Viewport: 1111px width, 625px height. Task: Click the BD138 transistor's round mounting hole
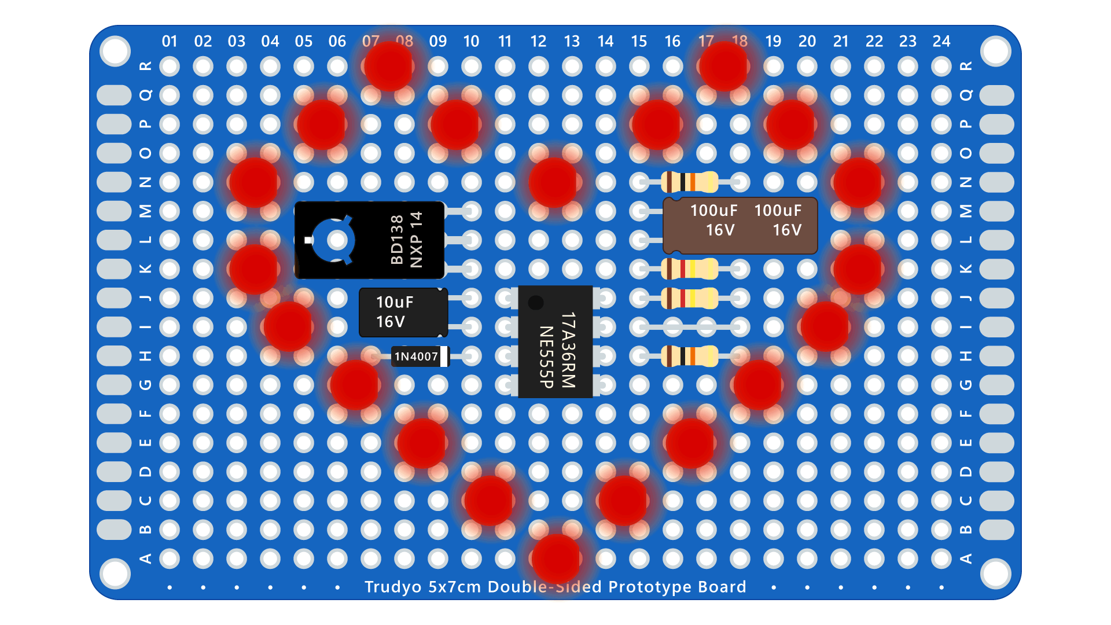337,240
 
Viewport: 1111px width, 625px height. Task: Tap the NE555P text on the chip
546,356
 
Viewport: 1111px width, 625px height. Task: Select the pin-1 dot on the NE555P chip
536,302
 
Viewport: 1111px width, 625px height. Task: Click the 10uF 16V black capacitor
403,312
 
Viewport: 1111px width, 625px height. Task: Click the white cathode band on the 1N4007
444,356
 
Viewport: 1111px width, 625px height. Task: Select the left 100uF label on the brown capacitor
713,211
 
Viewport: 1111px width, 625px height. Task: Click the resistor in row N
689,182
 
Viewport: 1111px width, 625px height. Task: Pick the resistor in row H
689,356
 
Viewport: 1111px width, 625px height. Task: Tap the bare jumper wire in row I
689,328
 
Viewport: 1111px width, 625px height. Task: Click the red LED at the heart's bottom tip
556,558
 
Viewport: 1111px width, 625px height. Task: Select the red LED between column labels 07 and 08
388,66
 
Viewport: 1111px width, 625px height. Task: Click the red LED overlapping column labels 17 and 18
723,66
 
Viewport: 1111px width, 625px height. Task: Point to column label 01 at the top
170,42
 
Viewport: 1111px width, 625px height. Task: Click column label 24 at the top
941,42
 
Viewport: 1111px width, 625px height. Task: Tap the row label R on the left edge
146,66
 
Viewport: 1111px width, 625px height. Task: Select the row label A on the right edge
966,558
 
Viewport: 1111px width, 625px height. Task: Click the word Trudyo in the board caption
393,587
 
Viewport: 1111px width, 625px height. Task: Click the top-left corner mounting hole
115,51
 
